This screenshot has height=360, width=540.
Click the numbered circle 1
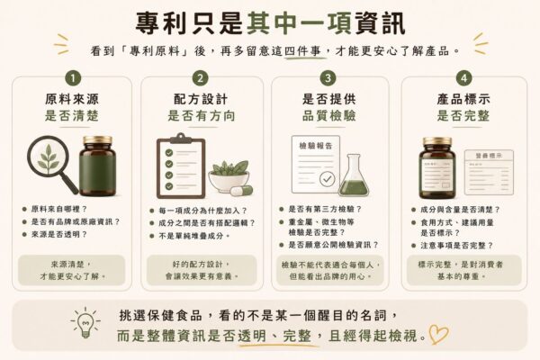pyautogui.click(x=73, y=78)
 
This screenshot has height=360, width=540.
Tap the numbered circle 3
pyautogui.click(x=328, y=78)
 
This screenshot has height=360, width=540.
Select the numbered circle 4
pyautogui.click(x=463, y=78)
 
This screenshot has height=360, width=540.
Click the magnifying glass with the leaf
pyautogui.click(x=51, y=163)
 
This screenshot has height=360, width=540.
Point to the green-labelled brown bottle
pyautogui.click(x=98, y=166)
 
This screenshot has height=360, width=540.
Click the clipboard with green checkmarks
pyautogui.click(x=181, y=166)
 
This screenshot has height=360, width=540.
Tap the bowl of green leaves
pyautogui.click(x=229, y=175)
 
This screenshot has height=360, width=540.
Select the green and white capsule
pyautogui.click(x=241, y=190)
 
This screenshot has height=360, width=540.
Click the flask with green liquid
pyautogui.click(x=354, y=175)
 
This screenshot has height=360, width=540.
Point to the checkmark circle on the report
pyautogui.click(x=327, y=179)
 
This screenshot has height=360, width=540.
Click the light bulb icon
pyautogui.click(x=85, y=323)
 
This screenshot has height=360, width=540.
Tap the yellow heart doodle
pyautogui.click(x=438, y=334)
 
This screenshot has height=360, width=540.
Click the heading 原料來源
pyautogui.click(x=72, y=99)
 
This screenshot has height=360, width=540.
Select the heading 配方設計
pyautogui.click(x=201, y=99)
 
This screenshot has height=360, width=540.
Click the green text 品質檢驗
pyautogui.click(x=329, y=115)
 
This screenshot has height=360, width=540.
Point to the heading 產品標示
pyautogui.click(x=463, y=99)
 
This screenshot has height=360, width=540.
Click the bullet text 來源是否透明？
pyautogui.click(x=59, y=234)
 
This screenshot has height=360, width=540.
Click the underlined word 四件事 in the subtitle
pyautogui.click(x=303, y=51)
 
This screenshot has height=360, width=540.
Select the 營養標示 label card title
pyautogui.click(x=489, y=156)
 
